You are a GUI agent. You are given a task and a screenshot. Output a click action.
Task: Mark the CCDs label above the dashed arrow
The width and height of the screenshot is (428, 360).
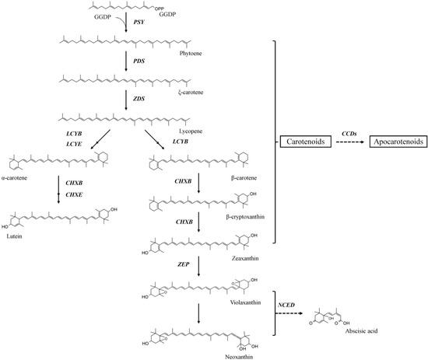click(x=347, y=133)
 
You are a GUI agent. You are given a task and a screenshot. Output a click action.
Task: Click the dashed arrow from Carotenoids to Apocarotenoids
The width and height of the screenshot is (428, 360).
click(x=347, y=144)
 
